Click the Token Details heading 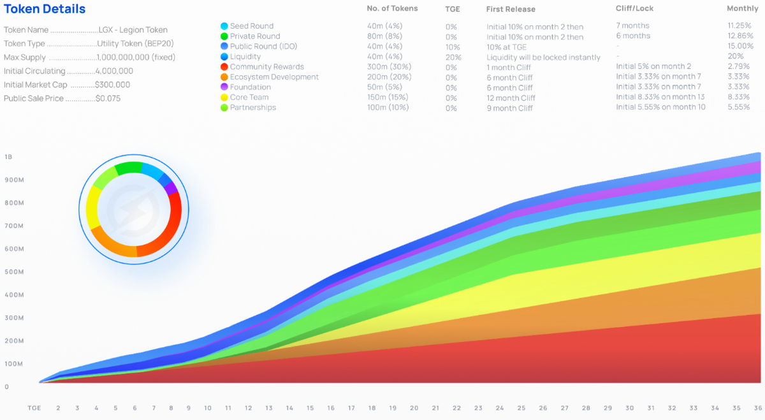(x=45, y=10)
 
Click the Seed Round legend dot (x=224, y=26)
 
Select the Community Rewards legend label (x=266, y=67)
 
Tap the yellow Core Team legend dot (x=224, y=98)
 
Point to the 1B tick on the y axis (x=8, y=157)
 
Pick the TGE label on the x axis (x=34, y=408)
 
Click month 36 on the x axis (x=756, y=408)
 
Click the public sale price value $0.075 (x=108, y=99)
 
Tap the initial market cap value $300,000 (x=112, y=85)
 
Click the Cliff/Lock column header (x=634, y=10)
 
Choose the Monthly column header (x=742, y=10)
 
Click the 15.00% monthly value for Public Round (x=740, y=47)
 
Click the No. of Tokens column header (x=392, y=9)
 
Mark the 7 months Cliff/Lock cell (x=632, y=26)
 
